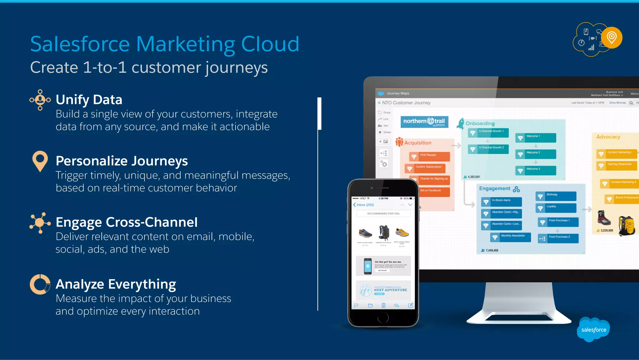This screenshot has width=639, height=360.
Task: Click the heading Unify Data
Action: (89, 100)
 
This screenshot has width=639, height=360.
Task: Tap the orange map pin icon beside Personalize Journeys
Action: (40, 160)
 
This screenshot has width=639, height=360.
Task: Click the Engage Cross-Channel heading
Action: (126, 222)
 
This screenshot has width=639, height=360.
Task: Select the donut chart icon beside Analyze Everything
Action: (40, 284)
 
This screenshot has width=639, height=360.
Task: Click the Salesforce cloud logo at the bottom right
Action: (593, 330)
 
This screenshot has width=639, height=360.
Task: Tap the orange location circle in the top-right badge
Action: (612, 38)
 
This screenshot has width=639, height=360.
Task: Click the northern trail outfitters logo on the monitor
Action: (424, 121)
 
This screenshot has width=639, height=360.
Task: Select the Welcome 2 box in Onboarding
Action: (536, 153)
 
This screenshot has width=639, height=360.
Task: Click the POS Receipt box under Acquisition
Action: (429, 156)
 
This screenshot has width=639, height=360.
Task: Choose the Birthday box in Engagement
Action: (556, 195)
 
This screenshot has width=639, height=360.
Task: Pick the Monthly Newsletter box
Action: (510, 237)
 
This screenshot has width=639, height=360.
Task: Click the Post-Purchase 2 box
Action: (558, 238)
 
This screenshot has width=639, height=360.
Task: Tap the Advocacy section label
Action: (608, 137)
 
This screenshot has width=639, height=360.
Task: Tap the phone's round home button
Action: (383, 318)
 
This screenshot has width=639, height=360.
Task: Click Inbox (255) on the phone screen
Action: (363, 205)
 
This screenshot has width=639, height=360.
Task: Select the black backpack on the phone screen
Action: (384, 233)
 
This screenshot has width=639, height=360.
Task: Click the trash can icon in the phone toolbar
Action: (383, 305)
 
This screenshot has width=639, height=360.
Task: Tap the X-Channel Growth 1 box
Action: (488, 132)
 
